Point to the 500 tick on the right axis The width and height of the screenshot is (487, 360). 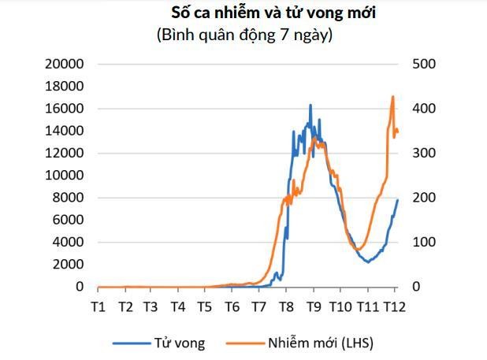tap(423, 64)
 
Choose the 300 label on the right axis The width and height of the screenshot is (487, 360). tap(423, 153)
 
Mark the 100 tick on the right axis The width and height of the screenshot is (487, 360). tap(423, 243)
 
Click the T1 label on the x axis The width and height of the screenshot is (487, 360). tap(99, 306)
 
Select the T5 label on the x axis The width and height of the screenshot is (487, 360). tap(204, 306)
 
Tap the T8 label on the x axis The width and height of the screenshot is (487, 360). tap(286, 306)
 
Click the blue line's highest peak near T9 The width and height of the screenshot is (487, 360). tap(310, 105)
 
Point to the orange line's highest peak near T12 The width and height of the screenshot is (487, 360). tap(393, 97)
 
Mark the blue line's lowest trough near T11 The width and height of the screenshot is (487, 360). tap(368, 262)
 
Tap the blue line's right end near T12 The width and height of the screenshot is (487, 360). tap(398, 199)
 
